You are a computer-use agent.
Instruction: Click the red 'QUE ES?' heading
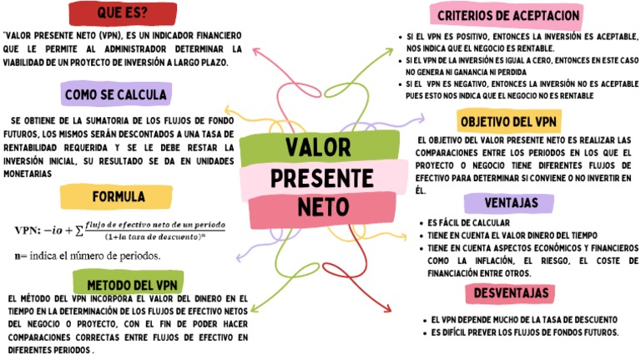[x=123, y=14]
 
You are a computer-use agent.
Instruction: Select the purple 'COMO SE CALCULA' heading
[x=115, y=94]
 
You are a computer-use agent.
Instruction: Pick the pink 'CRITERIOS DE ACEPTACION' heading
[x=508, y=15]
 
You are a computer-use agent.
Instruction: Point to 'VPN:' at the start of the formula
[x=30, y=230]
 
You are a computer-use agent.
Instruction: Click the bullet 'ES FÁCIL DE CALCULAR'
[x=467, y=224]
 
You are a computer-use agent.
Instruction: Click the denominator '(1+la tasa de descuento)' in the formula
[x=154, y=237]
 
